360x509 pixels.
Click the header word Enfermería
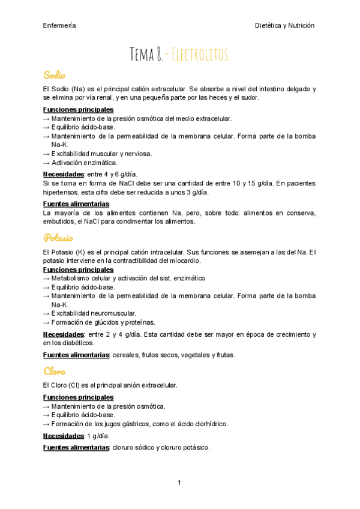[59, 25]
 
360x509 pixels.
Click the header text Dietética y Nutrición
[285, 25]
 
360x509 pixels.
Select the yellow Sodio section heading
[54, 75]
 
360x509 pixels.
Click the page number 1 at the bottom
[179, 483]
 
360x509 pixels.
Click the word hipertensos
[62, 193]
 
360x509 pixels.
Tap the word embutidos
[59, 221]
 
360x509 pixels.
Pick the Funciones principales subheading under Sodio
[78, 110]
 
